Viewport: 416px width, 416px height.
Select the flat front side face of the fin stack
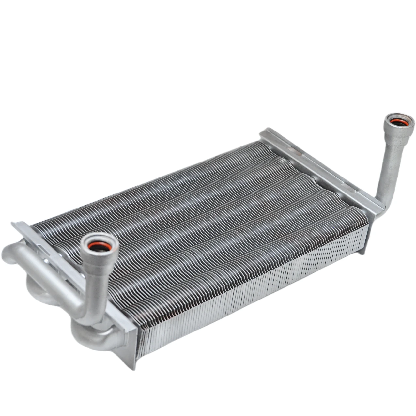click(254, 294)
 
